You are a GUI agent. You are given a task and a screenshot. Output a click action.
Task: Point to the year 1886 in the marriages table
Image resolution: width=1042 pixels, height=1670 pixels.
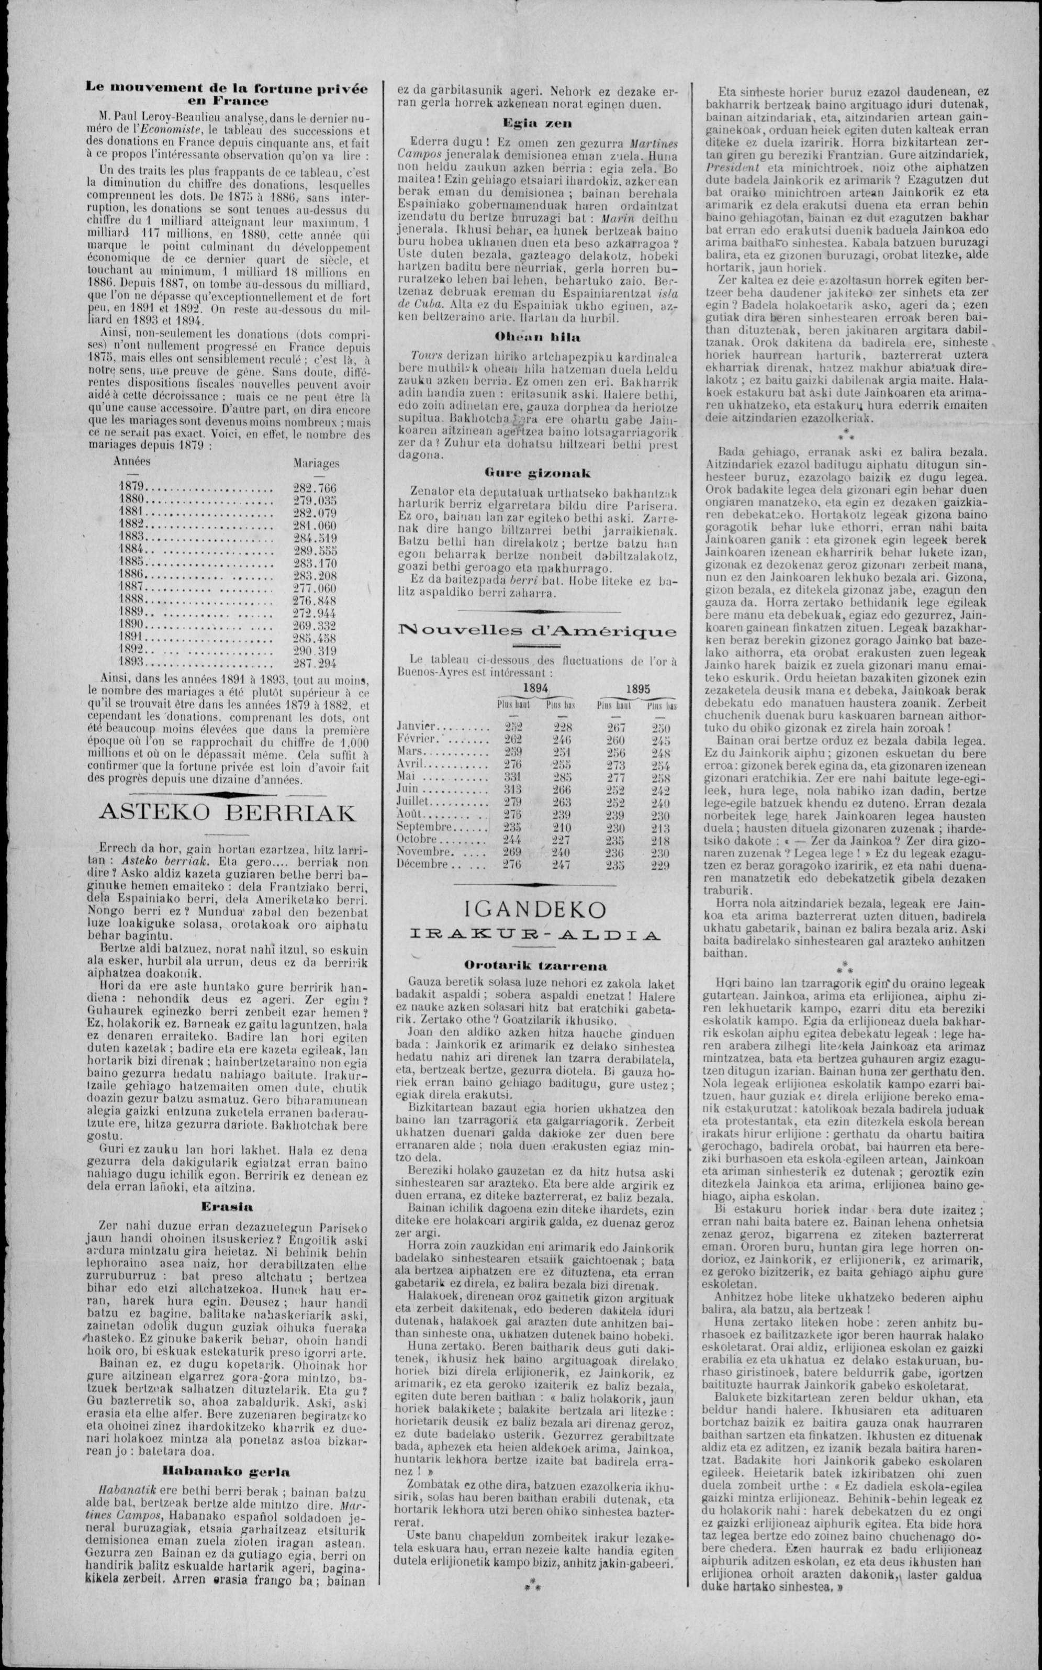click(x=131, y=574)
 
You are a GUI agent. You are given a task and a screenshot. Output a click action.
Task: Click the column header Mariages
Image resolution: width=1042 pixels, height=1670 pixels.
click(x=316, y=463)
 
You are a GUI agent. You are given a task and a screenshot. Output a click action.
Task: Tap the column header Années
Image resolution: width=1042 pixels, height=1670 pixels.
click(x=132, y=461)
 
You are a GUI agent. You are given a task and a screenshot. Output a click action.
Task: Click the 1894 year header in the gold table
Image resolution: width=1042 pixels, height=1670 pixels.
click(x=535, y=688)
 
